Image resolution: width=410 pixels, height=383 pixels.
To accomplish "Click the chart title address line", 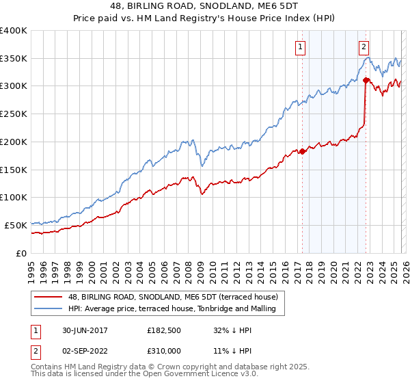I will (204, 6).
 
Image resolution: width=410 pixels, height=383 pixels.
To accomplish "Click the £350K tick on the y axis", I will (14, 58).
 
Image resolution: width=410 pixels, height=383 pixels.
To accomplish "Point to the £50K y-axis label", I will (16, 225).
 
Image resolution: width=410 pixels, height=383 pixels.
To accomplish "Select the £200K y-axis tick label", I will (14, 142).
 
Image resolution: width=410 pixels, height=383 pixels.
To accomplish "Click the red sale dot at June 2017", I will (302, 151).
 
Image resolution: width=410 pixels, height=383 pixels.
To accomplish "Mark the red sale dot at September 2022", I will (366, 80).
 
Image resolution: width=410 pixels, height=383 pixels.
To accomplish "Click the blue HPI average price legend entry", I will (172, 309).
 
